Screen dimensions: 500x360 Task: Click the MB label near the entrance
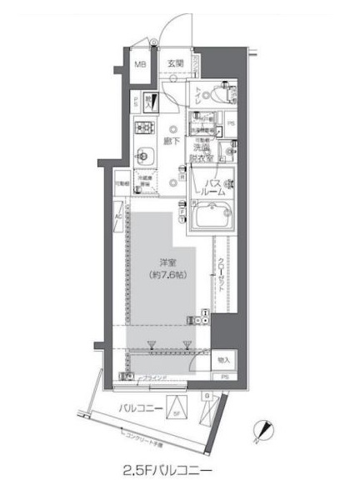point(142,64)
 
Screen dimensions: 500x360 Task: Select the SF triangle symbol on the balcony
point(177,409)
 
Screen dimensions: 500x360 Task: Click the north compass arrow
point(266,430)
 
